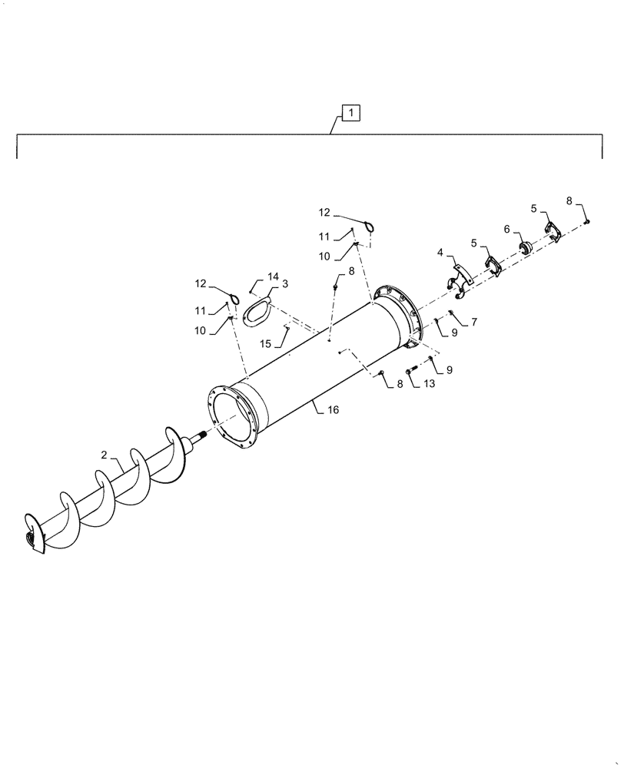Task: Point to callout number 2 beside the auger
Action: pyautogui.click(x=103, y=455)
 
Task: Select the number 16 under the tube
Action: pyautogui.click(x=333, y=411)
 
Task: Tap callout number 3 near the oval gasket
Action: pyautogui.click(x=284, y=284)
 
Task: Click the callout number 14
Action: pyautogui.click(x=273, y=276)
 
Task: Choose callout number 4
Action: pyautogui.click(x=440, y=252)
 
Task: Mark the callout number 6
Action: pyautogui.click(x=507, y=229)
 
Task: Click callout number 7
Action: pyautogui.click(x=474, y=323)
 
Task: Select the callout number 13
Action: pyautogui.click(x=428, y=384)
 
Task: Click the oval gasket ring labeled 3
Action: pyautogui.click(x=256, y=312)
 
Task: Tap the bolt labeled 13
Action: pyautogui.click(x=410, y=373)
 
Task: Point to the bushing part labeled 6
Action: pyautogui.click(x=526, y=247)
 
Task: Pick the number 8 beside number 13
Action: pyautogui.click(x=400, y=384)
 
